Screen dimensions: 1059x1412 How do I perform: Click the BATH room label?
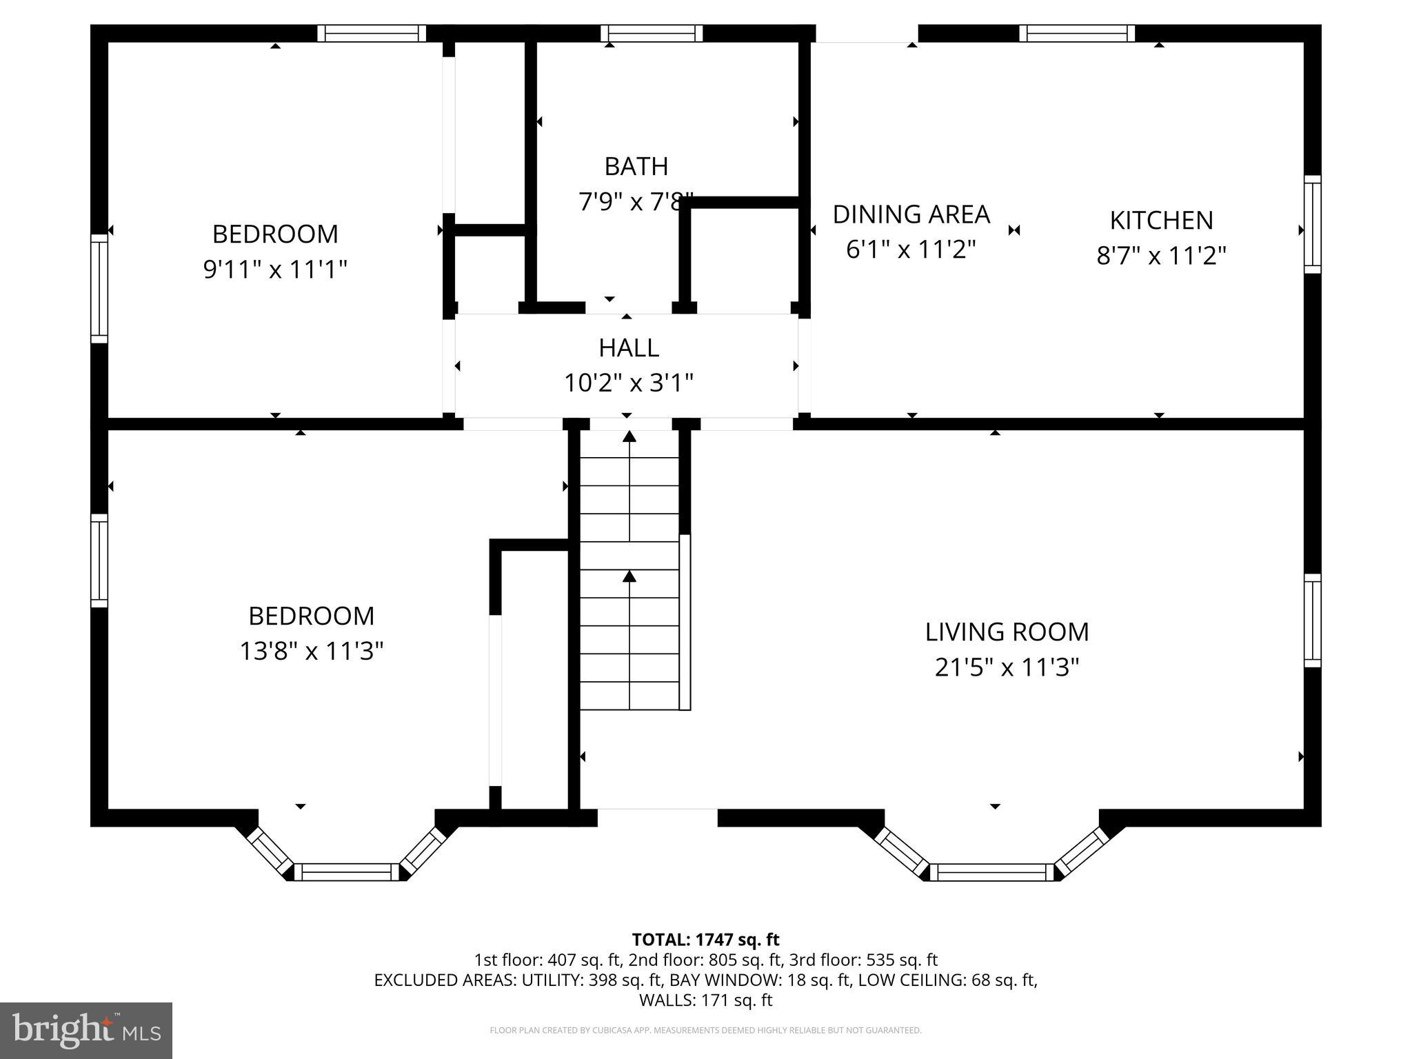(636, 166)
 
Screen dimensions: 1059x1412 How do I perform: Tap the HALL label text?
(628, 347)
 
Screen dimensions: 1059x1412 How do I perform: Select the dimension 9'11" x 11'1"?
(274, 269)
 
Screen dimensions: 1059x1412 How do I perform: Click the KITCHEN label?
(1161, 221)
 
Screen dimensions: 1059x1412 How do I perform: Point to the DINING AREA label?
(911, 214)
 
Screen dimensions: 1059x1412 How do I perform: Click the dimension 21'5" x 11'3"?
(1007, 667)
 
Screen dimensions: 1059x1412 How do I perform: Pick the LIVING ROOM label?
(1007, 632)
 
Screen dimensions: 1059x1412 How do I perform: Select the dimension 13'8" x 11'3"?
(311, 651)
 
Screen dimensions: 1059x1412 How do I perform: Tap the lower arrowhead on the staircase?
(629, 576)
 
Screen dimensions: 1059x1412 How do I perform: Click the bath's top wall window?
(651, 33)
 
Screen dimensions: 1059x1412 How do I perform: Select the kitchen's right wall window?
(1312, 224)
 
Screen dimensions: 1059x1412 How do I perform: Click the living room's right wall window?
(1312, 621)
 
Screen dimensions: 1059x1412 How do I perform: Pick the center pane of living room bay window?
(992, 872)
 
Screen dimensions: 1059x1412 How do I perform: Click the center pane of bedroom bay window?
(347, 872)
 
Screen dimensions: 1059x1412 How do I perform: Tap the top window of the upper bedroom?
(372, 33)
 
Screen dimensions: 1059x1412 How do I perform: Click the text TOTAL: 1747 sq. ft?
(705, 940)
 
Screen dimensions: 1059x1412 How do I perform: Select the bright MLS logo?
(85, 1030)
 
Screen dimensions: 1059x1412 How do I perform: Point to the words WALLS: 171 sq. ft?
(705, 1000)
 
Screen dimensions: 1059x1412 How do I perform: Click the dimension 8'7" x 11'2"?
(1161, 256)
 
